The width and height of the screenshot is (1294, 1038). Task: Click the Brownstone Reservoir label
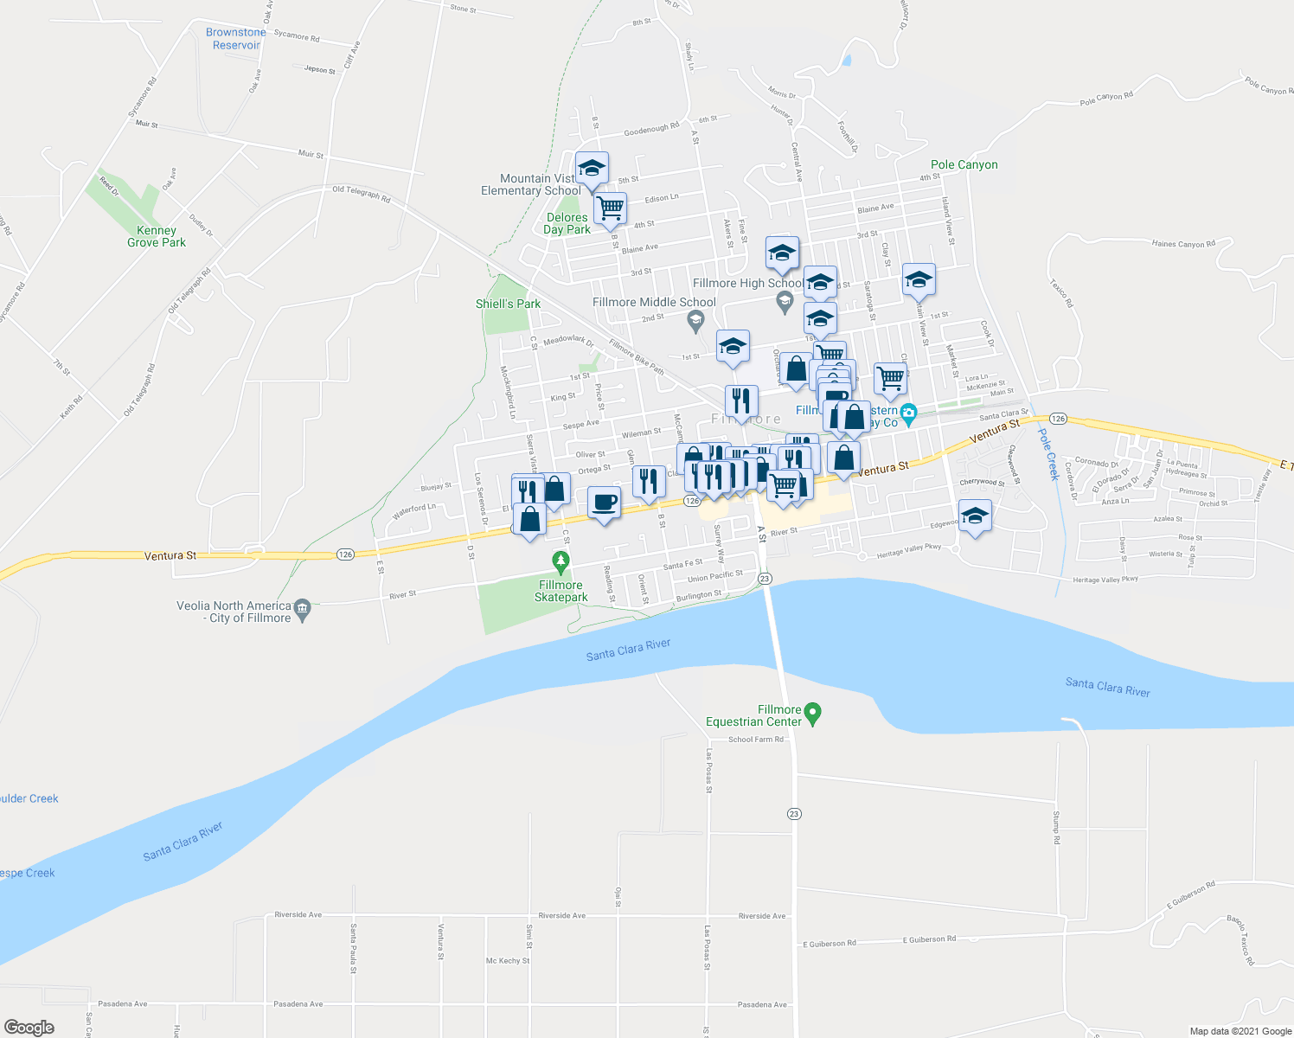(236, 39)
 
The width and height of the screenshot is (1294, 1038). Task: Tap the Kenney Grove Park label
(157, 236)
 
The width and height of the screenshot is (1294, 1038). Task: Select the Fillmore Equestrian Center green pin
(812, 714)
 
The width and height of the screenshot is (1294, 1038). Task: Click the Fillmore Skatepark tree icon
(561, 563)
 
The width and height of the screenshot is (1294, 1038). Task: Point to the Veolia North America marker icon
(302, 607)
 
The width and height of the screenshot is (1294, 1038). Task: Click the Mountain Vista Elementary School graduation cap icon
(592, 168)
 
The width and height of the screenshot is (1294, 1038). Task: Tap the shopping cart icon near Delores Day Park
(611, 208)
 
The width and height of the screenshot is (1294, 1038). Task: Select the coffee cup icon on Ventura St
(604, 502)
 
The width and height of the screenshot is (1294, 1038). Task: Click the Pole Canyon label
(964, 164)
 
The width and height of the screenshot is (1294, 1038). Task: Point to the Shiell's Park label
(508, 304)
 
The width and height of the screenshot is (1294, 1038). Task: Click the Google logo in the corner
(29, 1028)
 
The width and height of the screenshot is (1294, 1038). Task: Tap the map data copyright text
(1240, 1031)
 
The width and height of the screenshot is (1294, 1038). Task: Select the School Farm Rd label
(755, 740)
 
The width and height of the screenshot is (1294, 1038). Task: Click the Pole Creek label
(1048, 454)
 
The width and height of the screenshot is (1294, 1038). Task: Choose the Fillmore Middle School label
(654, 302)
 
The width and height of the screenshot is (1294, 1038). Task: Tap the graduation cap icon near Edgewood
(975, 516)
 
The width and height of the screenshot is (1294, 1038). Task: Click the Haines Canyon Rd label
(1183, 244)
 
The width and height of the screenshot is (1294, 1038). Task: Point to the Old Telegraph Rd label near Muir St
(362, 194)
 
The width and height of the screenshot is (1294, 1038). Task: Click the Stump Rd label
(1056, 828)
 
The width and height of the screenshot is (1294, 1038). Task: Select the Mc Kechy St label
(508, 960)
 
